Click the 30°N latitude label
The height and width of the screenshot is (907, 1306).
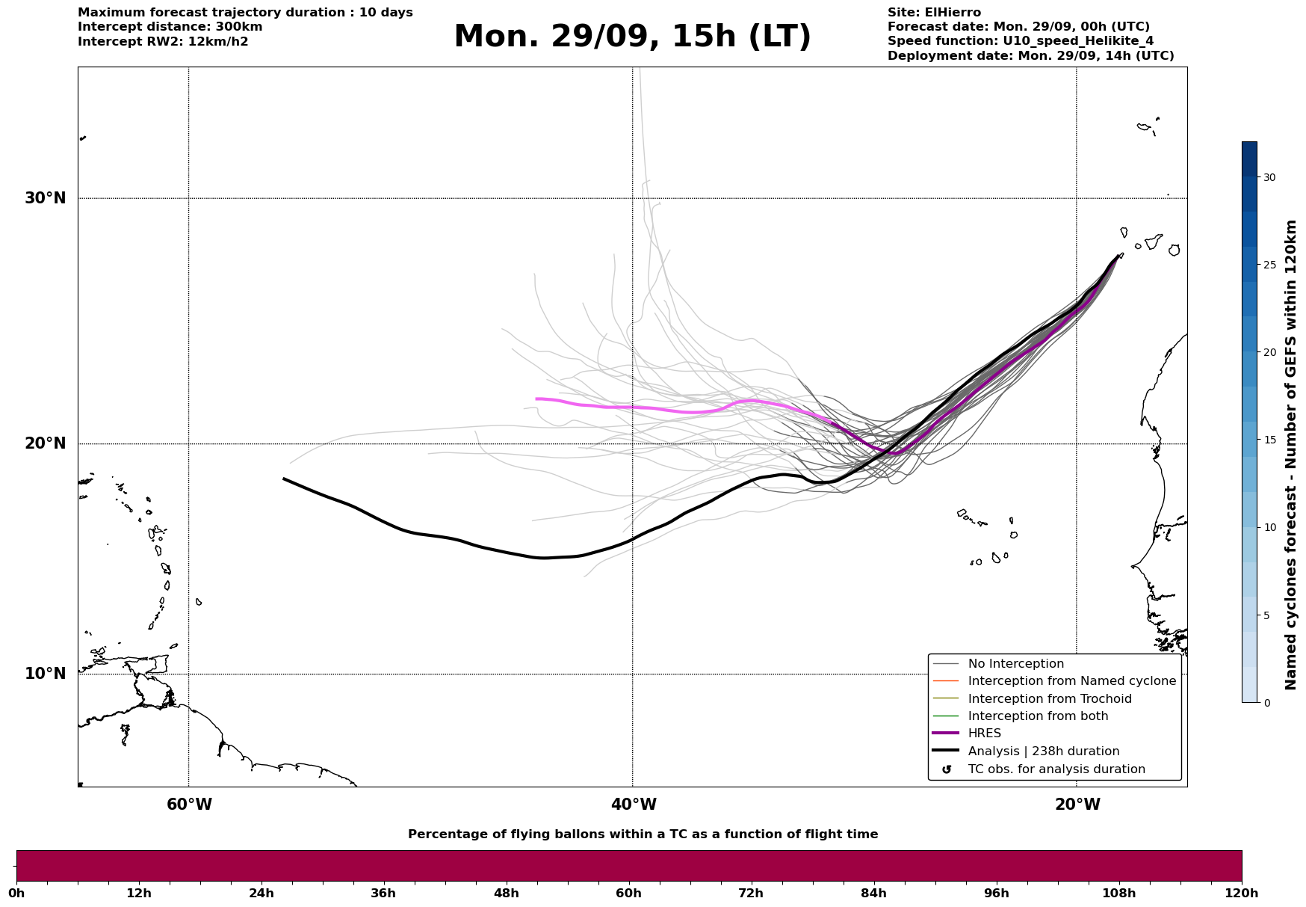[x=45, y=198]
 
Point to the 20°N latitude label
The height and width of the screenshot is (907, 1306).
[x=45, y=443]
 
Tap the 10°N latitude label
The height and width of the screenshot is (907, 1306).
[x=45, y=674]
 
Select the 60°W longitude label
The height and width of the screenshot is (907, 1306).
[x=189, y=805]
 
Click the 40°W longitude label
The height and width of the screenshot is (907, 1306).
[x=634, y=805]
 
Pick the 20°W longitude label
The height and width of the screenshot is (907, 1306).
[x=1077, y=805]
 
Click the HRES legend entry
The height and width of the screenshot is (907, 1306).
[x=984, y=734]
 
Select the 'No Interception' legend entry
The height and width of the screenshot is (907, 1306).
[x=1015, y=664]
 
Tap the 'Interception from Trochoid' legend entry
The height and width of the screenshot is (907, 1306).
[x=1049, y=699]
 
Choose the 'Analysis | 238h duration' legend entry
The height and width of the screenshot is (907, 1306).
[x=1043, y=751]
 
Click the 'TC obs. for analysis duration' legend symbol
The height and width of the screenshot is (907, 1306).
[x=947, y=769]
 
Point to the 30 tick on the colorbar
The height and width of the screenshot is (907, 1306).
[x=1269, y=177]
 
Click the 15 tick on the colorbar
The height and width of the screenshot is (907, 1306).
[x=1269, y=440]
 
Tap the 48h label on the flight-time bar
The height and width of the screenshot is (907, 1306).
[x=506, y=894]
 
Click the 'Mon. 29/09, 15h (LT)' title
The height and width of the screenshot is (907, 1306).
[x=632, y=37]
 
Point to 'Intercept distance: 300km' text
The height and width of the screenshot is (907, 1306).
[x=170, y=27]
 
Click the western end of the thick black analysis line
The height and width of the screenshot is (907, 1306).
[x=284, y=479]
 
